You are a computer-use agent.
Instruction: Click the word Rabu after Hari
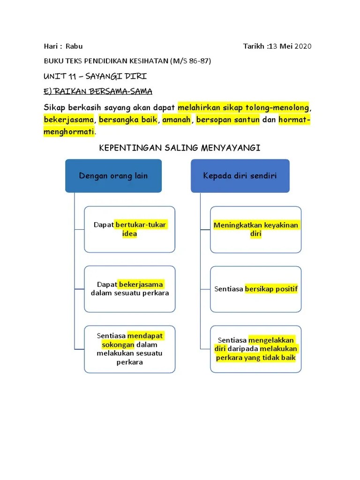click(x=74, y=46)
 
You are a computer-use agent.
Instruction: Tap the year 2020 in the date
click(x=303, y=46)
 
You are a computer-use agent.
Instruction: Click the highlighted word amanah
click(x=176, y=120)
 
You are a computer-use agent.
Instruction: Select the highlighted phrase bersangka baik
click(x=128, y=120)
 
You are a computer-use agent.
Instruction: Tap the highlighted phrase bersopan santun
click(x=228, y=120)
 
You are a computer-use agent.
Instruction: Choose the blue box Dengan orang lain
click(x=113, y=176)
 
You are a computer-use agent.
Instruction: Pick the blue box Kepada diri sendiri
click(x=240, y=176)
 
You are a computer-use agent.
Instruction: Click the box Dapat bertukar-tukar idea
click(x=129, y=229)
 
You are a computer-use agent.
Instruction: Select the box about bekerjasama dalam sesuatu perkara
click(x=129, y=289)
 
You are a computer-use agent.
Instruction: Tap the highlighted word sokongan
click(x=118, y=345)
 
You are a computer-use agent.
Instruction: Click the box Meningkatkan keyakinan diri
click(x=255, y=229)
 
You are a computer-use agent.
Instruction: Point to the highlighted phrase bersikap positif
click(x=271, y=289)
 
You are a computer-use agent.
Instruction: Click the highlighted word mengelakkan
click(x=271, y=340)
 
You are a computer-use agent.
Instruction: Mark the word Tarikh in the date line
click(x=254, y=46)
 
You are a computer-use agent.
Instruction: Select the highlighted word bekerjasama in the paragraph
click(x=69, y=120)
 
